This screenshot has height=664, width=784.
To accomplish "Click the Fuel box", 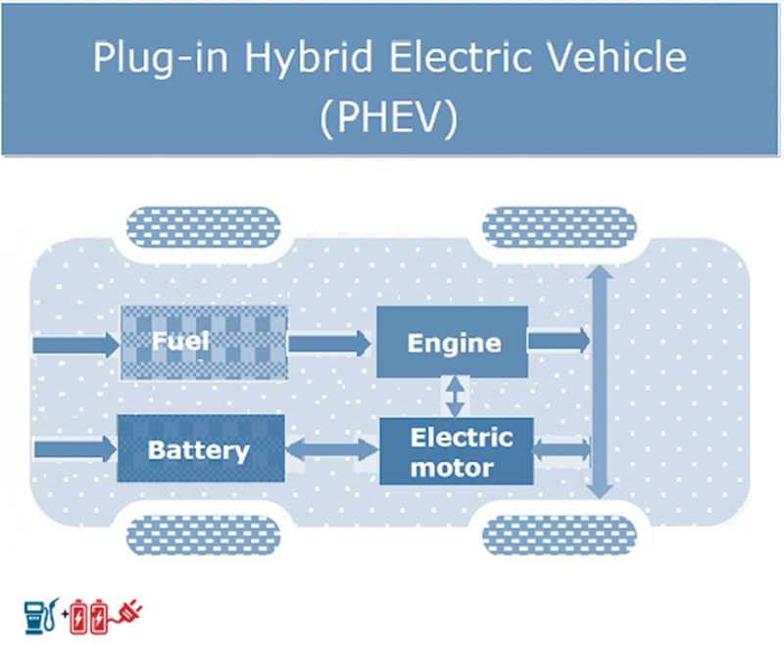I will coord(204,342).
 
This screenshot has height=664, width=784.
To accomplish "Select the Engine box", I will coord(453,342).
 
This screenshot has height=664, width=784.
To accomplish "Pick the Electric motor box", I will coord(457,451).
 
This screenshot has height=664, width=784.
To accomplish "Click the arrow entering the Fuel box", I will coord(74,344).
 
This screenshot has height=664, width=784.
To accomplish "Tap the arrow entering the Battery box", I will coord(74,449).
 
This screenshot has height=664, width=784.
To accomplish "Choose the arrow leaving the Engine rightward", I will coord(560,340).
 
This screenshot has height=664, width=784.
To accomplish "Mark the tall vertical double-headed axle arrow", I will coord(601,382).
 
